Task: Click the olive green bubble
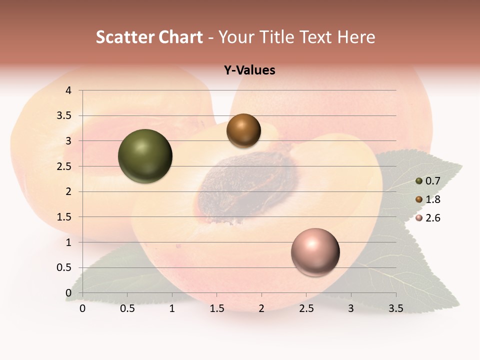(x=145, y=156)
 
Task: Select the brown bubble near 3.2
(x=243, y=130)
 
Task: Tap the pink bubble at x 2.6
(x=315, y=252)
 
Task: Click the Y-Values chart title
(x=249, y=70)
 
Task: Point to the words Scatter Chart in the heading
(x=149, y=37)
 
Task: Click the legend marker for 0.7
(x=419, y=181)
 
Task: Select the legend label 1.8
(x=432, y=199)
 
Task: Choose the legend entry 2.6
(x=432, y=218)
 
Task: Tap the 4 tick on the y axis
(x=69, y=90)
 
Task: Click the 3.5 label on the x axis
(x=395, y=308)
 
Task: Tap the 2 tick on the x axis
(x=261, y=308)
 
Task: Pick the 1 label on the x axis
(x=172, y=308)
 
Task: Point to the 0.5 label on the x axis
(x=127, y=308)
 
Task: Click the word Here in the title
(x=356, y=37)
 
